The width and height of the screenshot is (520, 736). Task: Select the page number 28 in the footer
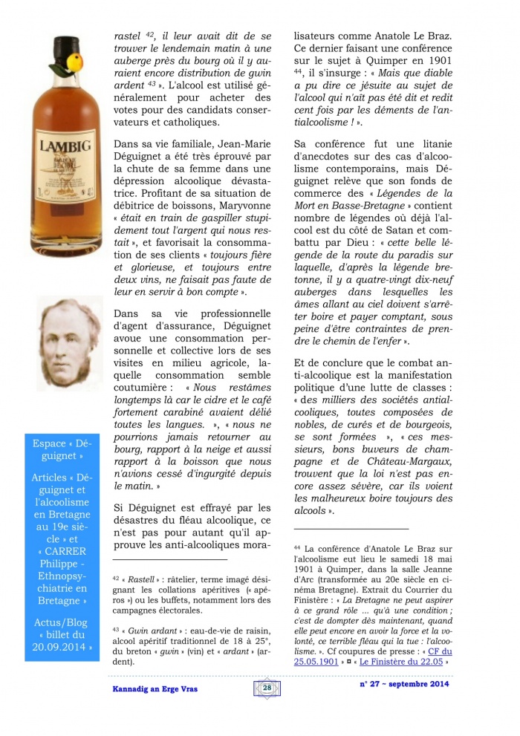click(x=267, y=688)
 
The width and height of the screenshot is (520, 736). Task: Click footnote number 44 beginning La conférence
click(x=297, y=547)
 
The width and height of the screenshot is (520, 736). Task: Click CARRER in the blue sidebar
click(x=60, y=551)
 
